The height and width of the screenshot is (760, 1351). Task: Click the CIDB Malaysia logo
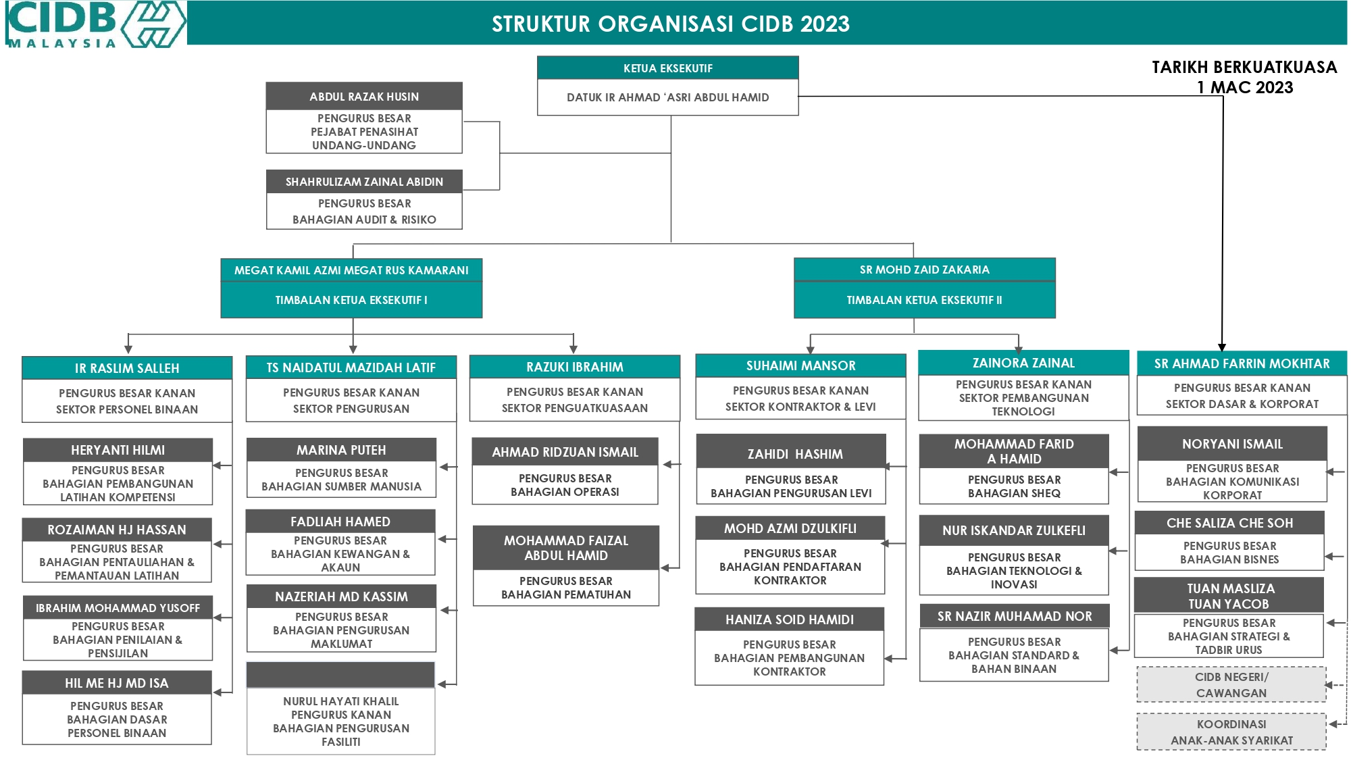(95, 24)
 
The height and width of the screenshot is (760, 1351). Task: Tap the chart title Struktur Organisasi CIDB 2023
(670, 24)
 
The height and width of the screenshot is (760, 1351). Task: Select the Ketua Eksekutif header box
(668, 68)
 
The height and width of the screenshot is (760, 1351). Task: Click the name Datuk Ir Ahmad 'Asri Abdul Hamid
(668, 97)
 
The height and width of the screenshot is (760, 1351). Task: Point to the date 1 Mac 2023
(1245, 87)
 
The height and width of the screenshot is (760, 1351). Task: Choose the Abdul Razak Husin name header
(364, 97)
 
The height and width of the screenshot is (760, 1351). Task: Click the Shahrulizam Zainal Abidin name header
(364, 182)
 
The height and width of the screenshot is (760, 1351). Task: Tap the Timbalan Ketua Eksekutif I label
(351, 300)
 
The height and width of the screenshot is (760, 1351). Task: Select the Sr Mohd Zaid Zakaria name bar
(925, 270)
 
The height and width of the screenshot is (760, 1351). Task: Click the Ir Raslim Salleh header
(127, 368)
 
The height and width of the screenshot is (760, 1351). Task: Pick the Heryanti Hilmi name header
(118, 450)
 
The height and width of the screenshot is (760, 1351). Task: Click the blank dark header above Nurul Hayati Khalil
(340, 675)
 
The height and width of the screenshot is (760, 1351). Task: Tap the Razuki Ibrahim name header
(575, 367)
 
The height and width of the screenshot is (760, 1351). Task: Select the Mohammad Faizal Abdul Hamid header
(566, 548)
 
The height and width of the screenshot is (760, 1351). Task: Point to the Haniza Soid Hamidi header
(790, 619)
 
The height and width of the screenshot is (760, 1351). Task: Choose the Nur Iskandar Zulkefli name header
(1014, 530)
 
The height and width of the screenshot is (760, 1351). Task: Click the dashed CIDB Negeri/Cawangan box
(1231, 685)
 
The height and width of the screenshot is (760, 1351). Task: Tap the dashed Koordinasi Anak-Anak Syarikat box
(1231, 732)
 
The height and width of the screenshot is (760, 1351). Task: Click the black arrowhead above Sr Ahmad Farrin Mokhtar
(1222, 347)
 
